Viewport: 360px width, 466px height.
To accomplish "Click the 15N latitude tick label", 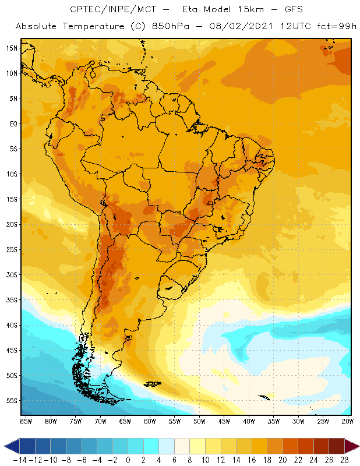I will point(12,48).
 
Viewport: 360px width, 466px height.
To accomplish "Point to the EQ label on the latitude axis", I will point(13,123).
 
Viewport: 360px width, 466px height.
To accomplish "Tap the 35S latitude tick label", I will point(12,300).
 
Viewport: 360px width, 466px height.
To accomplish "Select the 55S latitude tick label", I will point(12,401).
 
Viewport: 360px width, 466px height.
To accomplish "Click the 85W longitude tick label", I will point(26,421).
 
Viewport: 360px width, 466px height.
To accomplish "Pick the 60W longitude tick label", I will point(150,421).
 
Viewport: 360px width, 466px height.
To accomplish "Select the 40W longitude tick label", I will point(249,421).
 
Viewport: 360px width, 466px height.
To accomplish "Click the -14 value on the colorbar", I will point(20,459).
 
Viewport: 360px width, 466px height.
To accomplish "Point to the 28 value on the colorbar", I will point(344,459).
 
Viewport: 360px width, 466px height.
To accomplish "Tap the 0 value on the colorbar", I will point(128,459).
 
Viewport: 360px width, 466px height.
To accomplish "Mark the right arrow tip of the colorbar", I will point(355,446).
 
